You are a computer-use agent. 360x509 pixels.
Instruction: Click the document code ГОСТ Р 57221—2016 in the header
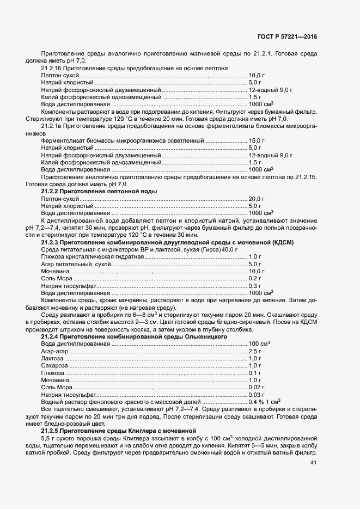coord(287,36)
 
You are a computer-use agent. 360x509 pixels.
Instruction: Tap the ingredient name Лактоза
coord(52,359)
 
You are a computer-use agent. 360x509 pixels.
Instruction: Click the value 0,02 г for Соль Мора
coord(257,387)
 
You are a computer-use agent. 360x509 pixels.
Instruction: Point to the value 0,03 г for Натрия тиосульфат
coord(257,394)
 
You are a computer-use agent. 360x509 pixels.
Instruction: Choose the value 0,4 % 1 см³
coord(264,401)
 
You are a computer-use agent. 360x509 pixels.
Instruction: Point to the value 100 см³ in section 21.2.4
coord(259,344)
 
